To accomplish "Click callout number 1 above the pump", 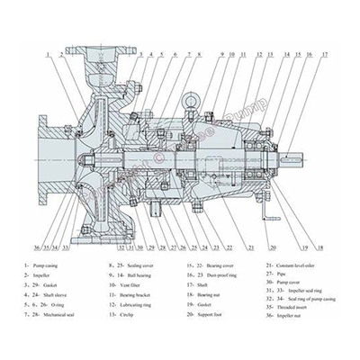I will pos(42,54).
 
